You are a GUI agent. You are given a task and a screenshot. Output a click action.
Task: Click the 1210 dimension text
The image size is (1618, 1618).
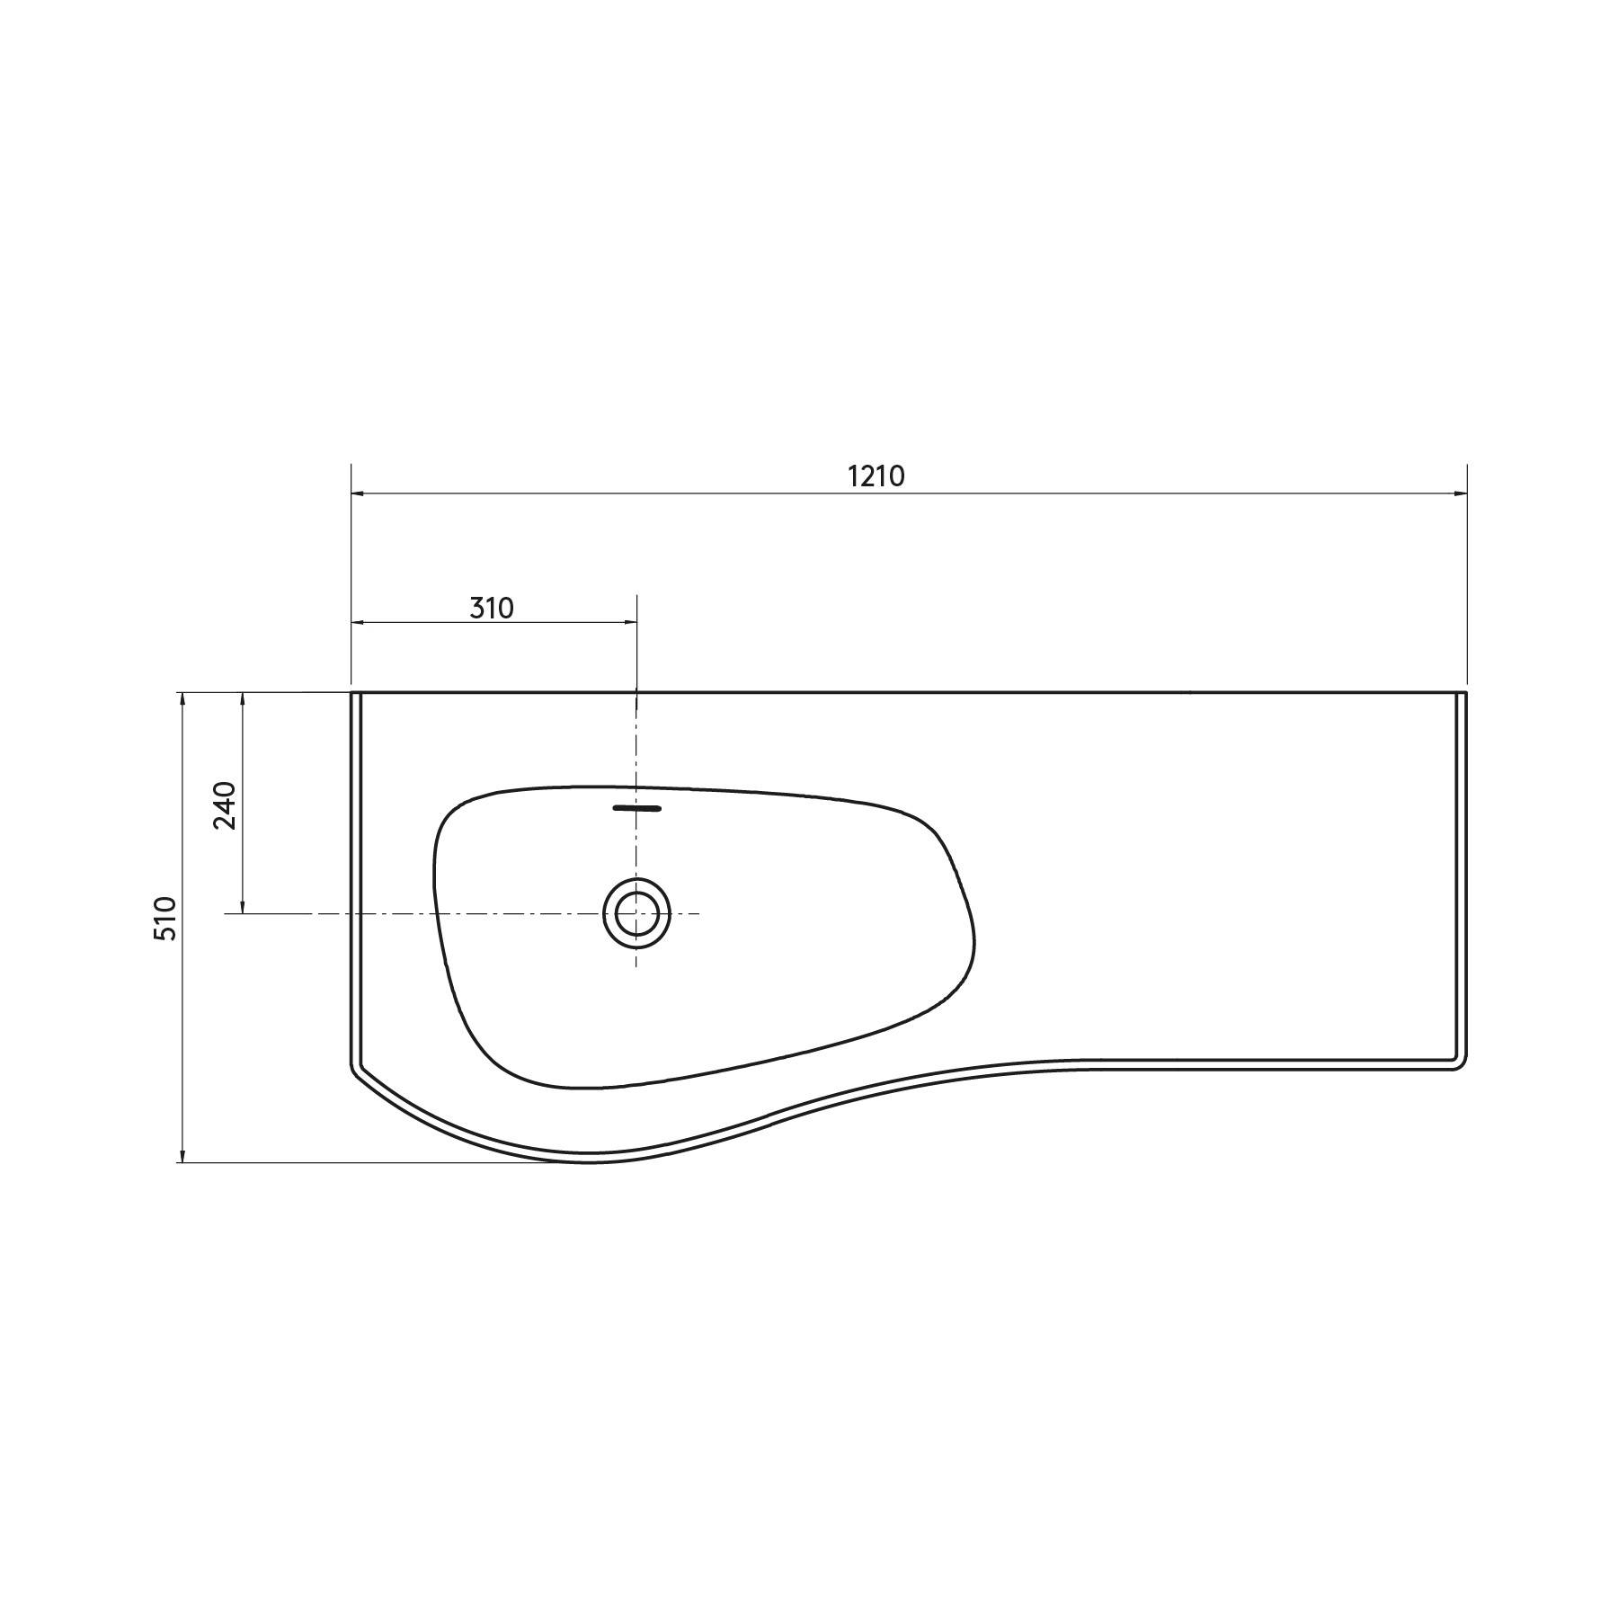(x=876, y=476)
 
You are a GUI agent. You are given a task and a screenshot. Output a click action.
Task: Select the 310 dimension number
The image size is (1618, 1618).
(x=492, y=609)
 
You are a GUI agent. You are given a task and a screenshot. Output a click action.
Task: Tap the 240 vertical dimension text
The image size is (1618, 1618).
(x=225, y=805)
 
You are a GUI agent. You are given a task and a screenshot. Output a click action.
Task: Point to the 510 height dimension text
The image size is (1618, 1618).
(x=165, y=918)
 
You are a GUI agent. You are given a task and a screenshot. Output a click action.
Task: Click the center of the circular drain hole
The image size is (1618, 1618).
(x=636, y=913)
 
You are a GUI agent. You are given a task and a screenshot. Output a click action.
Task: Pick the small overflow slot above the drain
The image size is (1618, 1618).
(x=636, y=808)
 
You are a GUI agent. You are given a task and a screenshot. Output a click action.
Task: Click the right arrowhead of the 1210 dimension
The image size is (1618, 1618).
(x=1461, y=493)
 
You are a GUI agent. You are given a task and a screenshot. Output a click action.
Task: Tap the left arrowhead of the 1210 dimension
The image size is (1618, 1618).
(x=357, y=493)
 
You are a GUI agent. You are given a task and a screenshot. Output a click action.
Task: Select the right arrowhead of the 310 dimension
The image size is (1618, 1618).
(x=631, y=622)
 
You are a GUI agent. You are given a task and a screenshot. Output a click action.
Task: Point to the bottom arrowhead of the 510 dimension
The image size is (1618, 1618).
(x=182, y=1156)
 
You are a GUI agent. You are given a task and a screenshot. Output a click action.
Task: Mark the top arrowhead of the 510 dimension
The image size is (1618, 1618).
(x=182, y=699)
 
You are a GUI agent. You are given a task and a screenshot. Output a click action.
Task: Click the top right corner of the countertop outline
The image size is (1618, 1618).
(x=1465, y=693)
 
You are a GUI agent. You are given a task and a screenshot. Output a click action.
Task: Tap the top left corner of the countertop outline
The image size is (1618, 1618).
(x=351, y=693)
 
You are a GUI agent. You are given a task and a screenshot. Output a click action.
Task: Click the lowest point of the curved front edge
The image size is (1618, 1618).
(x=589, y=1161)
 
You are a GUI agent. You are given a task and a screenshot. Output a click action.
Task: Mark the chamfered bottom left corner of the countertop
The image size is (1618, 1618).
(x=355, y=1072)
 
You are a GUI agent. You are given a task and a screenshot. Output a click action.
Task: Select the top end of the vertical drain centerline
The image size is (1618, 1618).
(x=636, y=595)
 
